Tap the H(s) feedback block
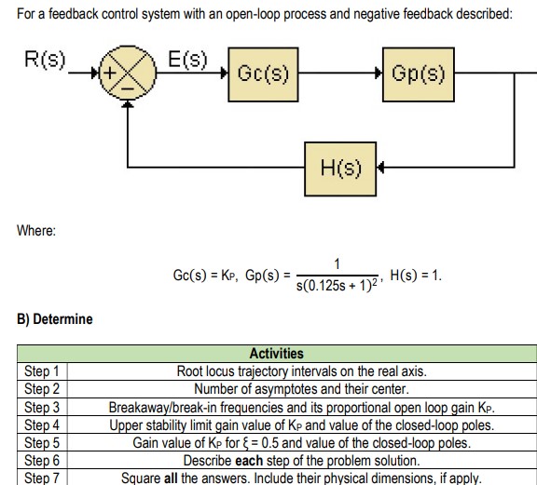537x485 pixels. tap(340, 168)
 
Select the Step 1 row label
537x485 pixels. tap(41, 371)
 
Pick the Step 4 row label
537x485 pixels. tap(41, 424)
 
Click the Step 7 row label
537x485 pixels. tap(41, 478)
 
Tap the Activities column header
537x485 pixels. tap(277, 354)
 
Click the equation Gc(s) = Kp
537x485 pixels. tap(204, 276)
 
